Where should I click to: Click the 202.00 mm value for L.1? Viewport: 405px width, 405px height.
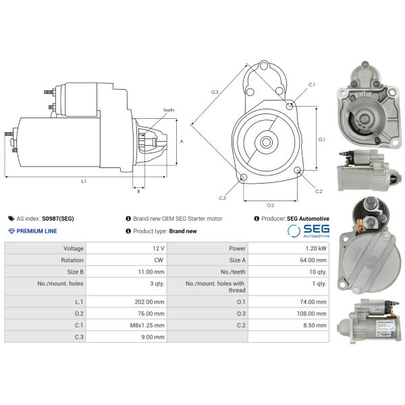pos(149,302)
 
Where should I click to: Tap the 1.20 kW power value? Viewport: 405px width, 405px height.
pos(316,248)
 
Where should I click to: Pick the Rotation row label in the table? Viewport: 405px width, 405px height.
pos(72,260)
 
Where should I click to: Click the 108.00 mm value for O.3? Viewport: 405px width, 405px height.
pos(311,314)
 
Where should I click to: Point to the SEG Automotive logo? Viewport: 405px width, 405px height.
pos(308,231)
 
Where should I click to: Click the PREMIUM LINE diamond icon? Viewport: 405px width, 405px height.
pos(11,231)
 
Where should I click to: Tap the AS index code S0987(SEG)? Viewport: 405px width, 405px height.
pos(58,219)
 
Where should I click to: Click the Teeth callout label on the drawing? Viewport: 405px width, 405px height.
pos(169,110)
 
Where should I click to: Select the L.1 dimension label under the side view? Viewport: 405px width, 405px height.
pos(84,182)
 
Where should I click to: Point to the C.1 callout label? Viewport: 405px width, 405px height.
pos(312,85)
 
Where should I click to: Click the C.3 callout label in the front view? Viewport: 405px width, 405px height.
pos(222,198)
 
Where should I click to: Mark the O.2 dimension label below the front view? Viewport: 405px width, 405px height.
pos(271,205)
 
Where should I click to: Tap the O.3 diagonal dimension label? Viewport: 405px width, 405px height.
pos(215,92)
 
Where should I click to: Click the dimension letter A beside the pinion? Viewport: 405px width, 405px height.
pos(182,142)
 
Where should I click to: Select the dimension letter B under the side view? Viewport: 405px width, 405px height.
pos(138,192)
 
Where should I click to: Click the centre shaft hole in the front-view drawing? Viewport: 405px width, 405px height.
pos(266,142)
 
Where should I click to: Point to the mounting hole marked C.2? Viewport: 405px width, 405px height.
pos(298,170)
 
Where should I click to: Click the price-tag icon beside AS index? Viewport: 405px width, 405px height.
pos(11,219)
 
